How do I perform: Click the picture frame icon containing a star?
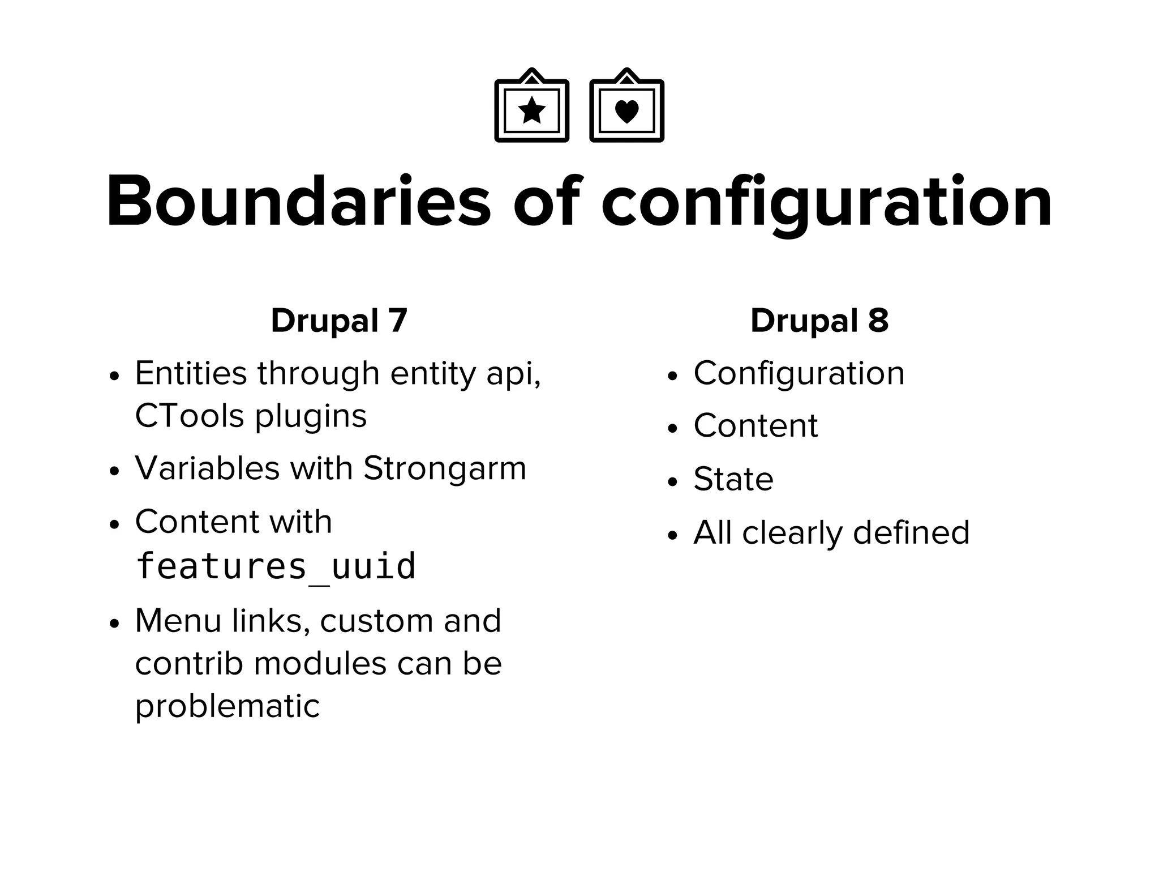pyautogui.click(x=531, y=106)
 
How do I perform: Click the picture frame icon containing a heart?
pyautogui.click(x=626, y=106)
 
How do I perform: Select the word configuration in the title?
pyautogui.click(x=826, y=203)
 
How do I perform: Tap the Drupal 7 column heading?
pyautogui.click(x=339, y=321)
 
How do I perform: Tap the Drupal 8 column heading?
pyautogui.click(x=819, y=321)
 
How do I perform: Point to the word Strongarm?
pyautogui.click(x=444, y=468)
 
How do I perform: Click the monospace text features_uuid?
pyautogui.click(x=276, y=566)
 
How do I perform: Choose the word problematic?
pyautogui.click(x=227, y=706)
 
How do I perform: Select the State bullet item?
pyautogui.click(x=733, y=479)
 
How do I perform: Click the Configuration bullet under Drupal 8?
pyautogui.click(x=799, y=373)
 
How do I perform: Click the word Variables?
pyautogui.click(x=207, y=468)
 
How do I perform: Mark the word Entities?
pyautogui.click(x=191, y=373)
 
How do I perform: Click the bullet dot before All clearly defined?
pyautogui.click(x=672, y=535)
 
